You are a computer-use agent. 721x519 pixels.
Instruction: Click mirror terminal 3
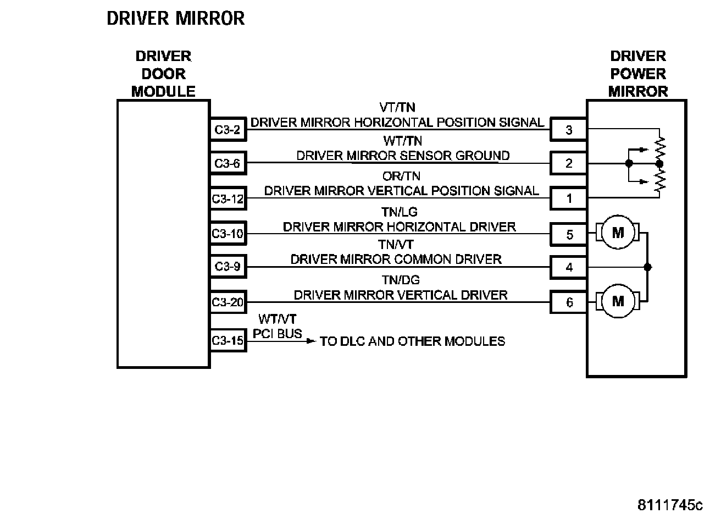coord(569,130)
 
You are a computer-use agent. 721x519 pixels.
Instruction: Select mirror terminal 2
coord(569,163)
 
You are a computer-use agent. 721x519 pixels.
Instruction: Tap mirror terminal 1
coord(569,198)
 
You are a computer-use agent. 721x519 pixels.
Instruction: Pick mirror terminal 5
coord(569,235)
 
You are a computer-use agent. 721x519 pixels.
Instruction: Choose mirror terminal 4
coord(569,268)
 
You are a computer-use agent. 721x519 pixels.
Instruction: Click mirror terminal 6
coord(569,302)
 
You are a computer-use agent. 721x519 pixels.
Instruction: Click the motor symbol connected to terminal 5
coord(618,233)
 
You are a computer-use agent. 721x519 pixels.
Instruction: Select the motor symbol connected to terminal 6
coord(618,301)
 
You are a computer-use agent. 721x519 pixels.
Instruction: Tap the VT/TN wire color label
coord(397,107)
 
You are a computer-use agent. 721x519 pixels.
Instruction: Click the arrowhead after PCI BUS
coord(311,341)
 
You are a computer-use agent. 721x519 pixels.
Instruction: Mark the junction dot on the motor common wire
coord(648,267)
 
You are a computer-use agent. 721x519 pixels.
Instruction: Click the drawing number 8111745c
coord(670,505)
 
